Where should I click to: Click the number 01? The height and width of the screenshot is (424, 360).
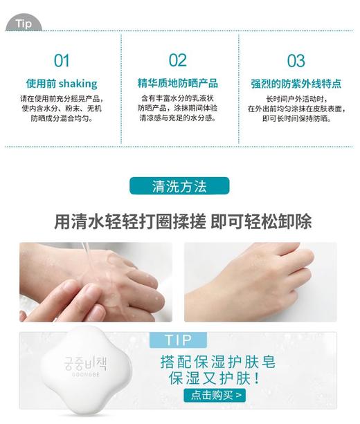(62, 60)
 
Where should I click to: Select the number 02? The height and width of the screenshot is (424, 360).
(178, 60)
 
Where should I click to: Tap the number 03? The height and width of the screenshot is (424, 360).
(296, 60)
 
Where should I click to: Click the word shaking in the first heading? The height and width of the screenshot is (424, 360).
(78, 84)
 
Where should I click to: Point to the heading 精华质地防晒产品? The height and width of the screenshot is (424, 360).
(178, 84)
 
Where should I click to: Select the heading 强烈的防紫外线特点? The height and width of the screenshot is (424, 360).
(296, 84)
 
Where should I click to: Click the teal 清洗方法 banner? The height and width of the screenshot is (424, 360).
(179, 186)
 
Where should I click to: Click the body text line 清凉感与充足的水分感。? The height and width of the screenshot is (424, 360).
(178, 118)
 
